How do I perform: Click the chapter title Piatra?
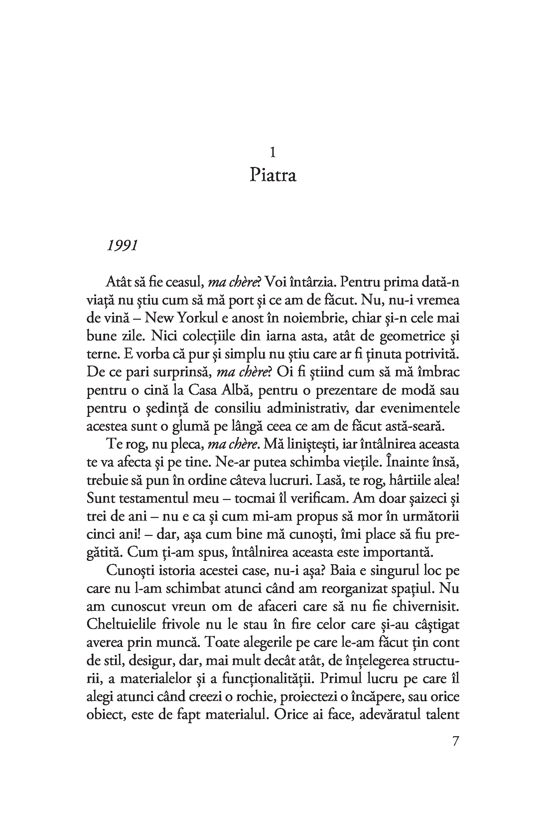(x=273, y=175)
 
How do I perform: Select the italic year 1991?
(x=122, y=245)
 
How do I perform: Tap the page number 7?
(x=455, y=741)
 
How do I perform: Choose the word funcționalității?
(x=267, y=678)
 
